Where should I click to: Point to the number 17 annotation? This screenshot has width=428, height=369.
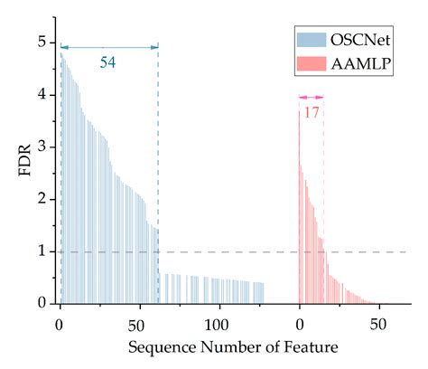click(311, 115)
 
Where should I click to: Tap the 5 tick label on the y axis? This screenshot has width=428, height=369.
click(41, 42)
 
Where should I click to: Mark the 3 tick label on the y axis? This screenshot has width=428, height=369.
click(41, 147)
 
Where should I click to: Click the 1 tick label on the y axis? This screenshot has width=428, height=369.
click(41, 251)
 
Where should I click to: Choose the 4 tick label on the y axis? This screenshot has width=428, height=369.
click(41, 94)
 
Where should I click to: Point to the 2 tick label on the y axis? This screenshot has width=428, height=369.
click(41, 199)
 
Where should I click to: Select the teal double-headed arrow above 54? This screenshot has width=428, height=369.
click(108, 46)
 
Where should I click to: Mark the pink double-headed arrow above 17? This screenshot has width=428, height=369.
click(311, 98)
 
